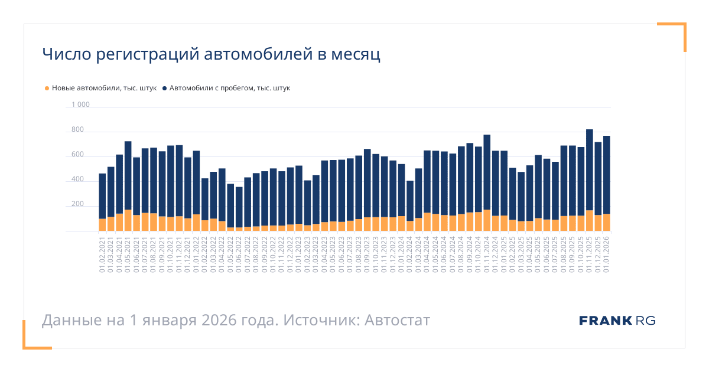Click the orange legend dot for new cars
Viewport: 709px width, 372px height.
click(x=47, y=89)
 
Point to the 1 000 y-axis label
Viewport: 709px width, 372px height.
click(x=80, y=105)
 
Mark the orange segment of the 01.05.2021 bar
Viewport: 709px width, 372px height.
click(x=128, y=220)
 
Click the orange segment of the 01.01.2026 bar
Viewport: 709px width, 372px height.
click(x=607, y=223)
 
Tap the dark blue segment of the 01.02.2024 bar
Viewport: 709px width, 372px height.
click(x=410, y=201)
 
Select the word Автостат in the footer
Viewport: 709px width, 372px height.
click(x=397, y=321)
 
